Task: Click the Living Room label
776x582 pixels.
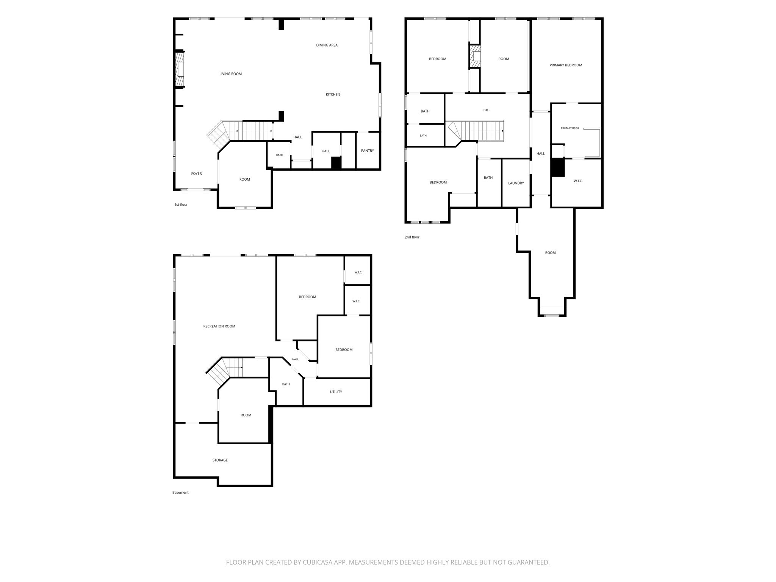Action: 230,74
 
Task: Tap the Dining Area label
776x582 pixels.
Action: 327,45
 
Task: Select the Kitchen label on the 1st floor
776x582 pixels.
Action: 333,94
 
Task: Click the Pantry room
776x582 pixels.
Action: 368,150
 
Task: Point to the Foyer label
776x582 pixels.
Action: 196,174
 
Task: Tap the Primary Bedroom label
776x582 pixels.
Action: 566,65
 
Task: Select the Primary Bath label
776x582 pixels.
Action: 570,128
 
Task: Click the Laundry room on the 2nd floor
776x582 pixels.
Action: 516,183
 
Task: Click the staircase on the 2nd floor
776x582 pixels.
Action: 476,131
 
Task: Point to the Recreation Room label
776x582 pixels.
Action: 219,326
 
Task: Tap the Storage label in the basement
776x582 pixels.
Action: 220,460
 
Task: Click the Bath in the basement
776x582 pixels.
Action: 286,384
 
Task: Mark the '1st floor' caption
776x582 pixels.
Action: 181,205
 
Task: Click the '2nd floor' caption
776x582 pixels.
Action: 412,237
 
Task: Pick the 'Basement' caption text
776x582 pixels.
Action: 180,493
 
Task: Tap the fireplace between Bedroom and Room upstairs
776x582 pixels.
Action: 475,57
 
